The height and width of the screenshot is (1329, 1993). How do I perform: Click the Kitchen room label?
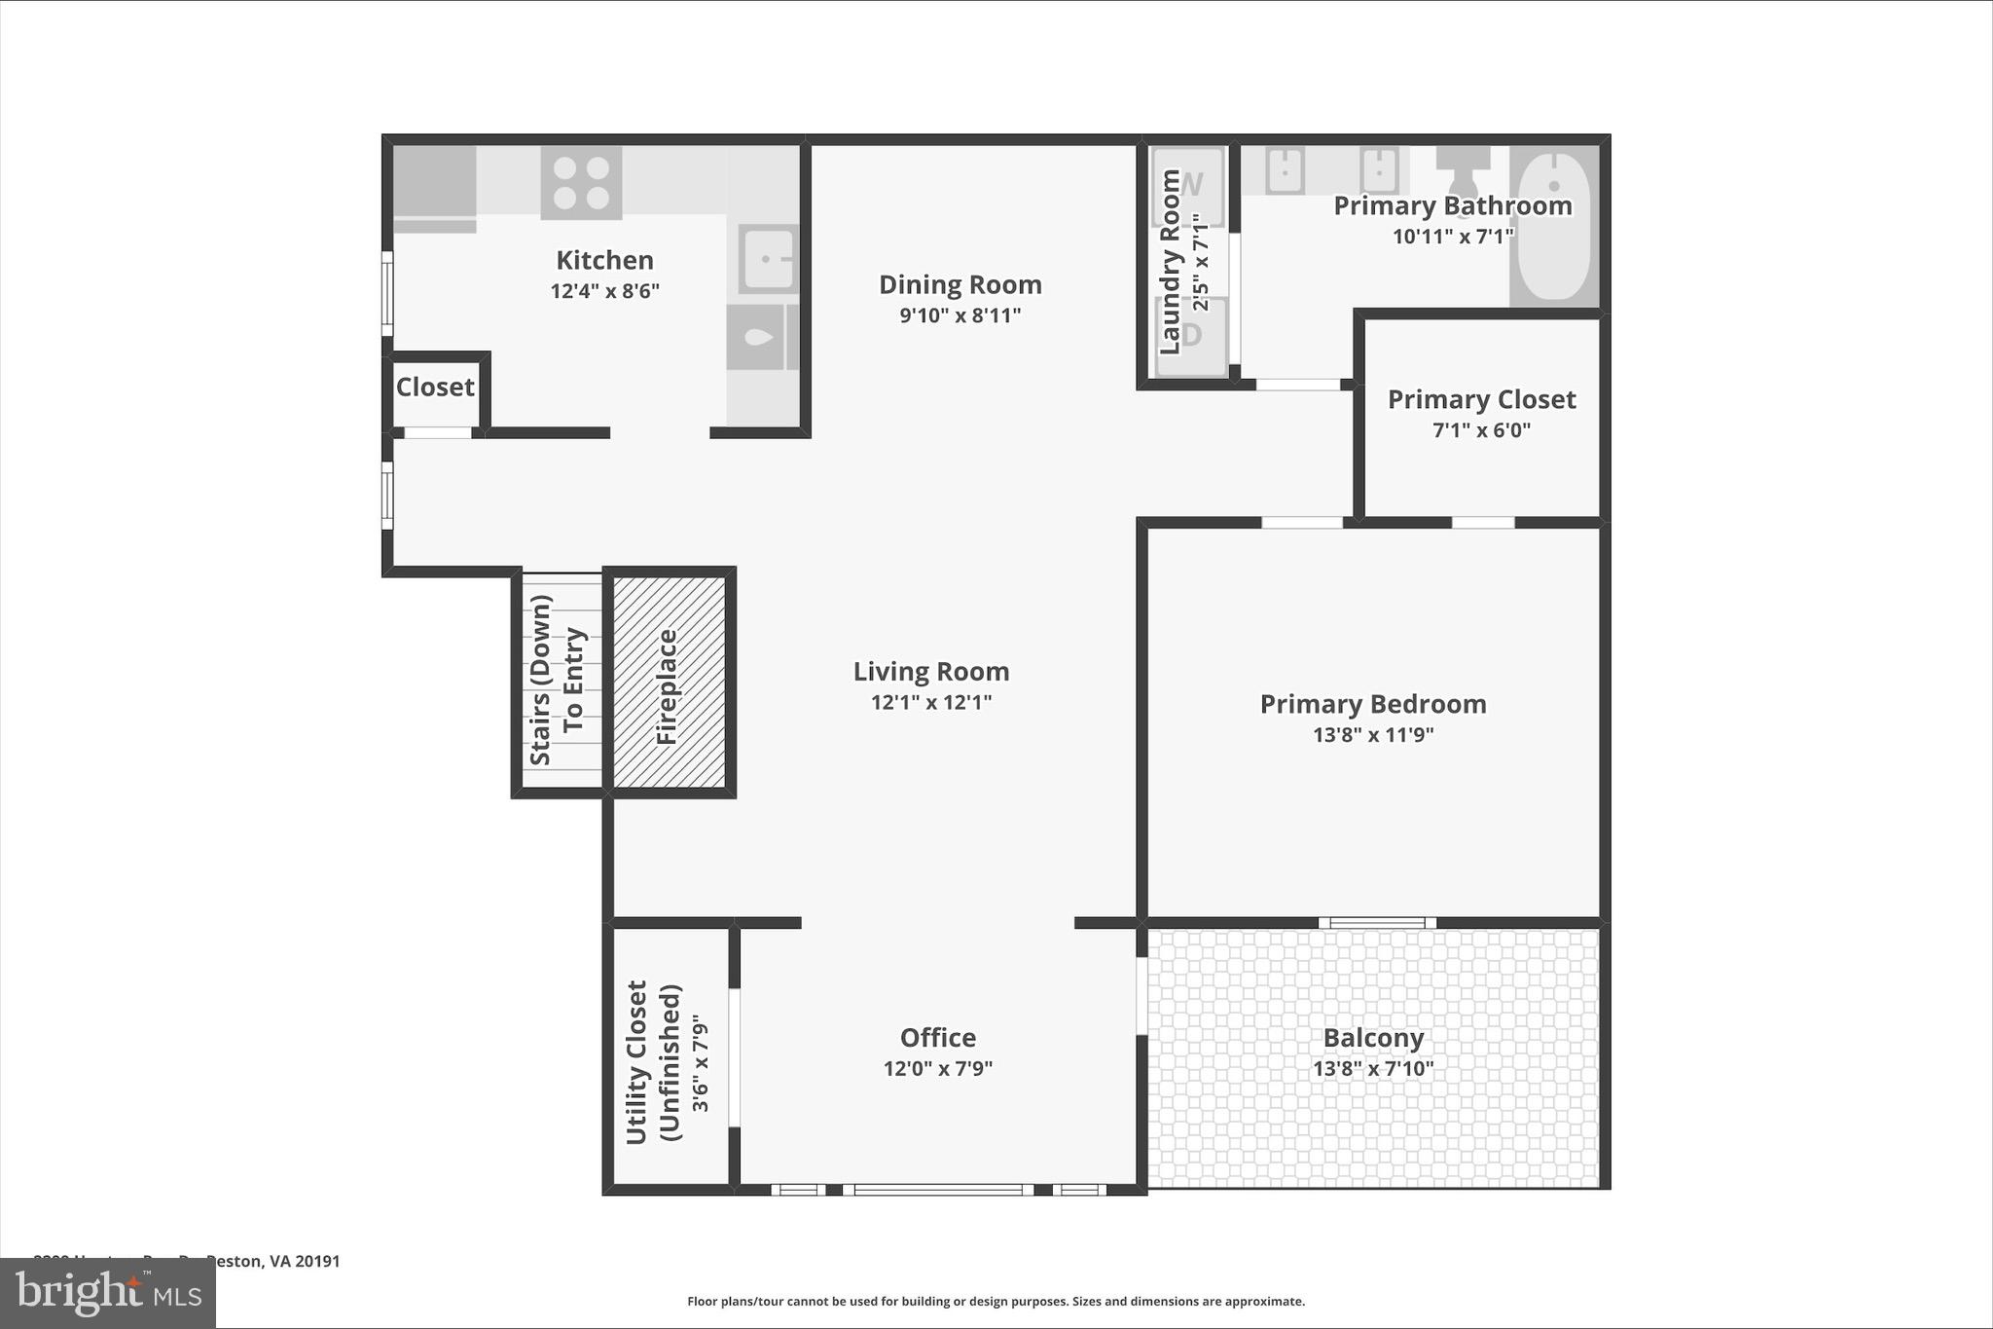click(x=604, y=260)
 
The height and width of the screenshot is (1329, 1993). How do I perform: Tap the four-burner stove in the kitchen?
click(x=581, y=183)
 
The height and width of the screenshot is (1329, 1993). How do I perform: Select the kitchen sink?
click(x=768, y=258)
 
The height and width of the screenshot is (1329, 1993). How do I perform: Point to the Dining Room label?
click(x=960, y=284)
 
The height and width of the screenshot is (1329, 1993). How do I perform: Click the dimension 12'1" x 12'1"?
click(x=931, y=702)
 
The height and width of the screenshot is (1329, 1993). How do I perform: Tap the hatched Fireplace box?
click(x=669, y=682)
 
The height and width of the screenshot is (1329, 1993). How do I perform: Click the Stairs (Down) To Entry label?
click(x=558, y=682)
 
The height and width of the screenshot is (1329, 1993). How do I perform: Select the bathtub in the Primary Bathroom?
click(x=1554, y=226)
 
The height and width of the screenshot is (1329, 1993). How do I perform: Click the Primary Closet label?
click(x=1481, y=399)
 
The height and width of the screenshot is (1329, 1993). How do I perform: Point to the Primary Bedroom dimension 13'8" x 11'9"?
click(x=1373, y=734)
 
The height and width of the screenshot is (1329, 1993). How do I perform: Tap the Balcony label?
click(x=1373, y=1038)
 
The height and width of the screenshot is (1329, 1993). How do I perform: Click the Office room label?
click(x=937, y=1037)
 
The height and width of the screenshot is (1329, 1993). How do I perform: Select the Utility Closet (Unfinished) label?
click(x=654, y=1061)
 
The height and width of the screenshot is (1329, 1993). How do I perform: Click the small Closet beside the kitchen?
click(x=435, y=388)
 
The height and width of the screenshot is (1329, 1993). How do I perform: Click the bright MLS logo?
click(x=107, y=1293)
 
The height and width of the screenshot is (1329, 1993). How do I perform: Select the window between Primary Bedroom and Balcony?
click(x=1377, y=923)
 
